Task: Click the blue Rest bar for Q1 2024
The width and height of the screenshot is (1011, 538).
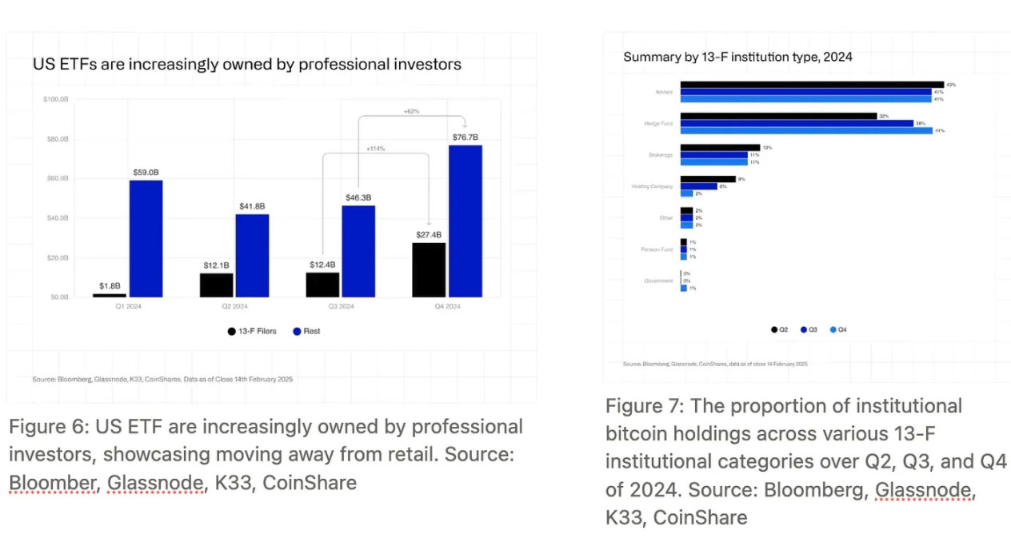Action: tap(146, 238)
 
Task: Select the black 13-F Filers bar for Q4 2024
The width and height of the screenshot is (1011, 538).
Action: tap(428, 270)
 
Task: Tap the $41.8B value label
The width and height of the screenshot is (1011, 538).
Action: tap(251, 206)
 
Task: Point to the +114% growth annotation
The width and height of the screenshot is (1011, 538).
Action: tap(375, 149)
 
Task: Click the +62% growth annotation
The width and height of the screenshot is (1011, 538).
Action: tap(412, 110)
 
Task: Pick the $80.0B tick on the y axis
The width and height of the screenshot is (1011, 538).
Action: tap(56, 139)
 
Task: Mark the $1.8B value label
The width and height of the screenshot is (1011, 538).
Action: tap(109, 285)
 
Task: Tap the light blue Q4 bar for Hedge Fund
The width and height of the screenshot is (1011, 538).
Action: tap(806, 130)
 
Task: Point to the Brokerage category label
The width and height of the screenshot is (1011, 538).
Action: tap(661, 154)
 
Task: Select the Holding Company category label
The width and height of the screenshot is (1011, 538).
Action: tap(652, 186)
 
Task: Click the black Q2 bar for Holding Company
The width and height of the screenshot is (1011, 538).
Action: tap(708, 179)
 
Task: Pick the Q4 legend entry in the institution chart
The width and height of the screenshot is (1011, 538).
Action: tap(838, 329)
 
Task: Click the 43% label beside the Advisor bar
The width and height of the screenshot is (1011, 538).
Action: tap(951, 84)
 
